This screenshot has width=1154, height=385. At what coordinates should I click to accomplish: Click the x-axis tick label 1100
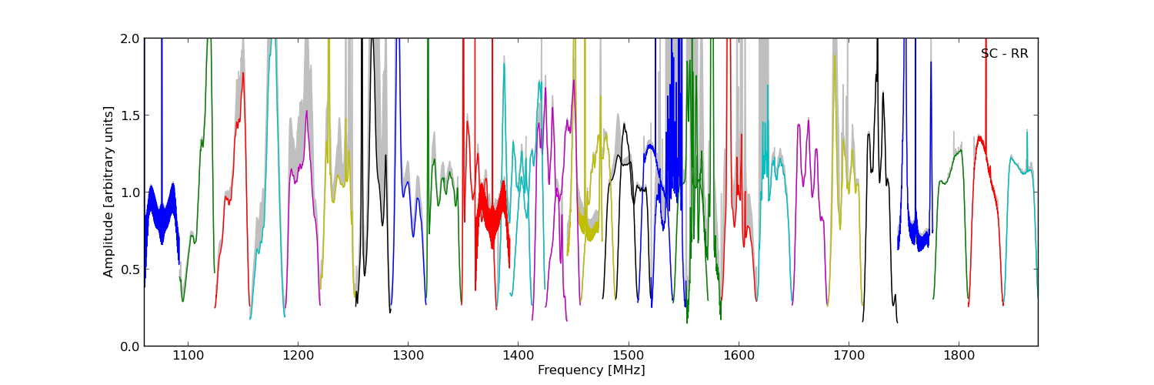188,357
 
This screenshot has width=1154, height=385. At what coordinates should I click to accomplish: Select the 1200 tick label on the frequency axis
298,357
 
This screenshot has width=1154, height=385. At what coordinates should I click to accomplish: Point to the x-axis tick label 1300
408,357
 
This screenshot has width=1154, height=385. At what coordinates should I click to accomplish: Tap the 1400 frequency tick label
518,357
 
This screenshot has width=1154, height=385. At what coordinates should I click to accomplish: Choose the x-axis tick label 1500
628,357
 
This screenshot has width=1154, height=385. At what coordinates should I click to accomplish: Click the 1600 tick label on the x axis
739,357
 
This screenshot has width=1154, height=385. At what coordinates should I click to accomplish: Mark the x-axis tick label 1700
849,357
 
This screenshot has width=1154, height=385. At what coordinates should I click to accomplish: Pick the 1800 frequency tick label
959,357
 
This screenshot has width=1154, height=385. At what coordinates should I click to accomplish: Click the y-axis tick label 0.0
131,346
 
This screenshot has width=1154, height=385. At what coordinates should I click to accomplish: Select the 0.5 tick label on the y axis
131,269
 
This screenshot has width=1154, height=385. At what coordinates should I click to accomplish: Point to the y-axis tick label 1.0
131,192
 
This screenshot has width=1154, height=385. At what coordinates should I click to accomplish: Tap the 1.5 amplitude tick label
131,115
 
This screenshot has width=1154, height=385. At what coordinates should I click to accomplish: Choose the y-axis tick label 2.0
131,38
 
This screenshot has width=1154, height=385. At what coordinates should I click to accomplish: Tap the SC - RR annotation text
1004,54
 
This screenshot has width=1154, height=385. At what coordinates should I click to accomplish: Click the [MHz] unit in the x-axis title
629,370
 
